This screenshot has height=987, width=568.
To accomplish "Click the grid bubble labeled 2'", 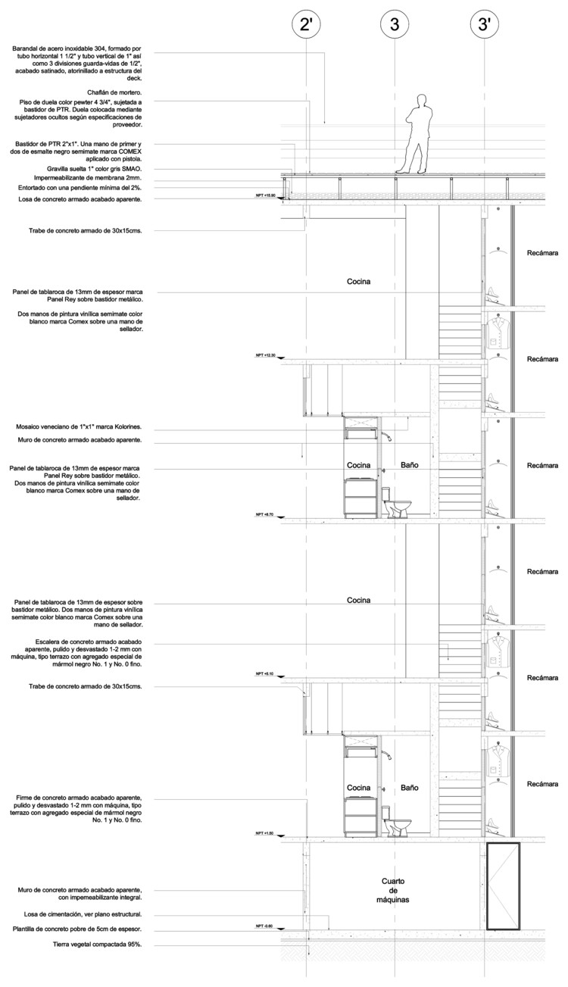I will point(306,25).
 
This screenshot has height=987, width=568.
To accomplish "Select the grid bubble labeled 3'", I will point(482,25).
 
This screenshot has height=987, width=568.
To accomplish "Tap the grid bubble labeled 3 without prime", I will point(394,25).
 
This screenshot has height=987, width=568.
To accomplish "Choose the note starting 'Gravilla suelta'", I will point(89,169).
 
